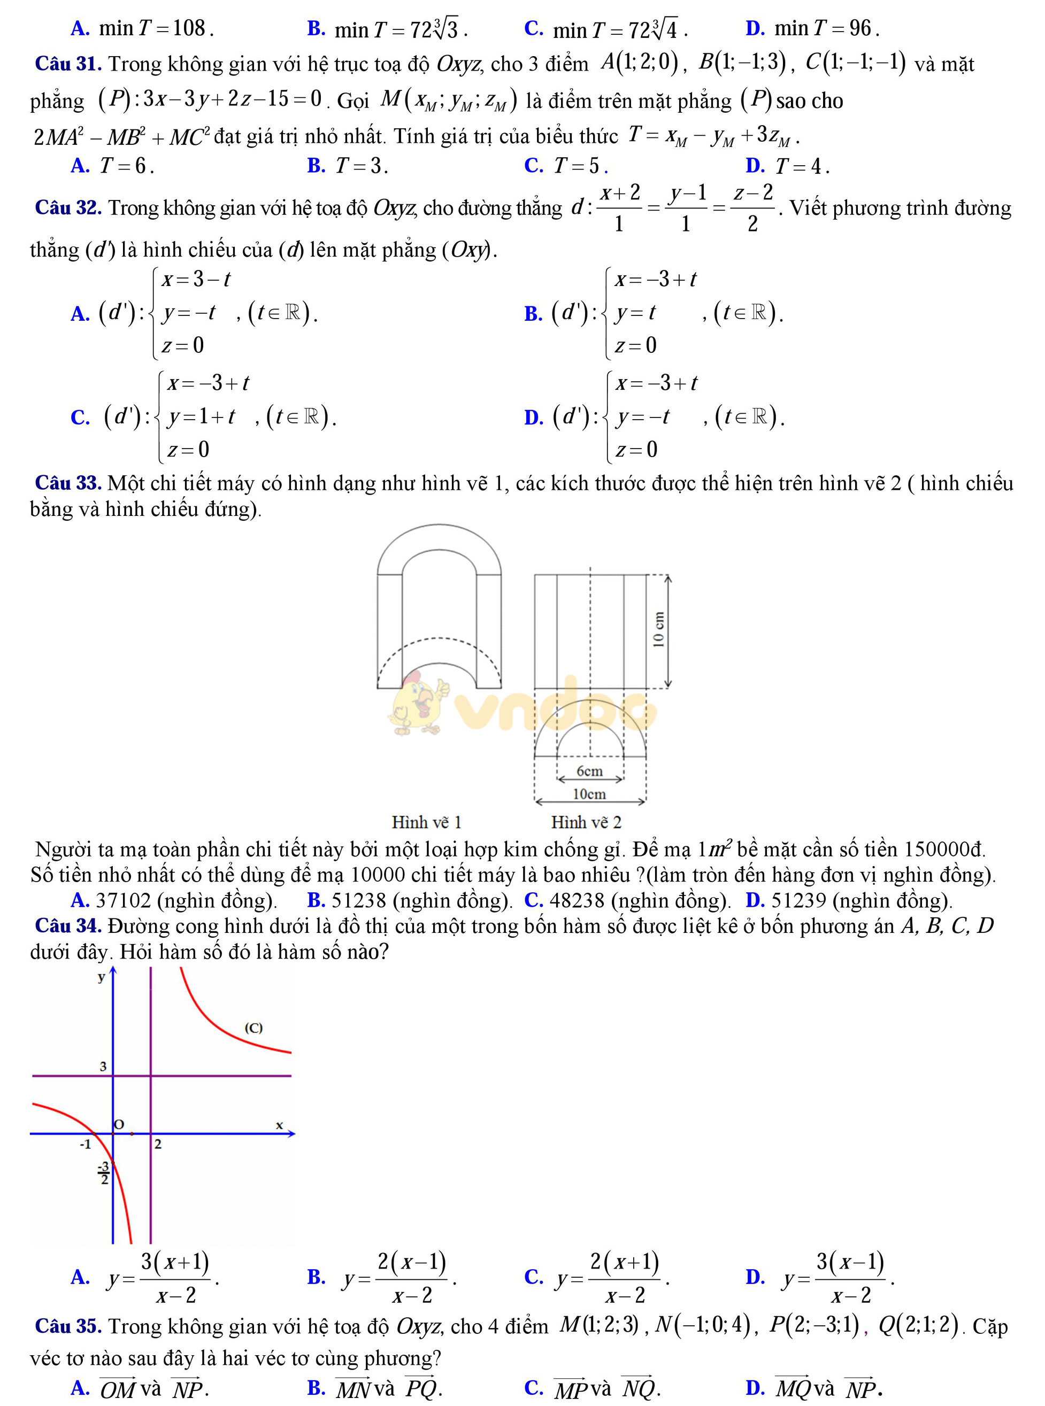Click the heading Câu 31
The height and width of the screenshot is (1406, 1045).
pos(68,64)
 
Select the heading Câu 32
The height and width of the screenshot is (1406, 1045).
pos(68,207)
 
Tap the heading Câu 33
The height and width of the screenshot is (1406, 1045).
pos(68,483)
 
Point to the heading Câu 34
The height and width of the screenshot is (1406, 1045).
pos(68,925)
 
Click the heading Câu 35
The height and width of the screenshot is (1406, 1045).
pos(68,1326)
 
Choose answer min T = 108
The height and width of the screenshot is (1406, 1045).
pos(156,28)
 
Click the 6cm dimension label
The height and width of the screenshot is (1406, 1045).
pos(589,771)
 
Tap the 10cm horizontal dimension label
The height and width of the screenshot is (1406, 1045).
pos(589,794)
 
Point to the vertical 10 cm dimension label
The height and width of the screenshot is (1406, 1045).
pos(658,630)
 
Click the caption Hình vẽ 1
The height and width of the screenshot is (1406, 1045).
pos(427,823)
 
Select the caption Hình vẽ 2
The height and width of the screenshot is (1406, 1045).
pos(586,823)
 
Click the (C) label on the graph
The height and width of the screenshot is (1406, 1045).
pos(253,1028)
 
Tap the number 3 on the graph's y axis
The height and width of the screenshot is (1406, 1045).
pos(103,1067)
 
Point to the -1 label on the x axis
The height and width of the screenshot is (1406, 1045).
pos(86,1144)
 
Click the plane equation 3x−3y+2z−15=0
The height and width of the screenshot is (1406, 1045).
pos(232,99)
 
